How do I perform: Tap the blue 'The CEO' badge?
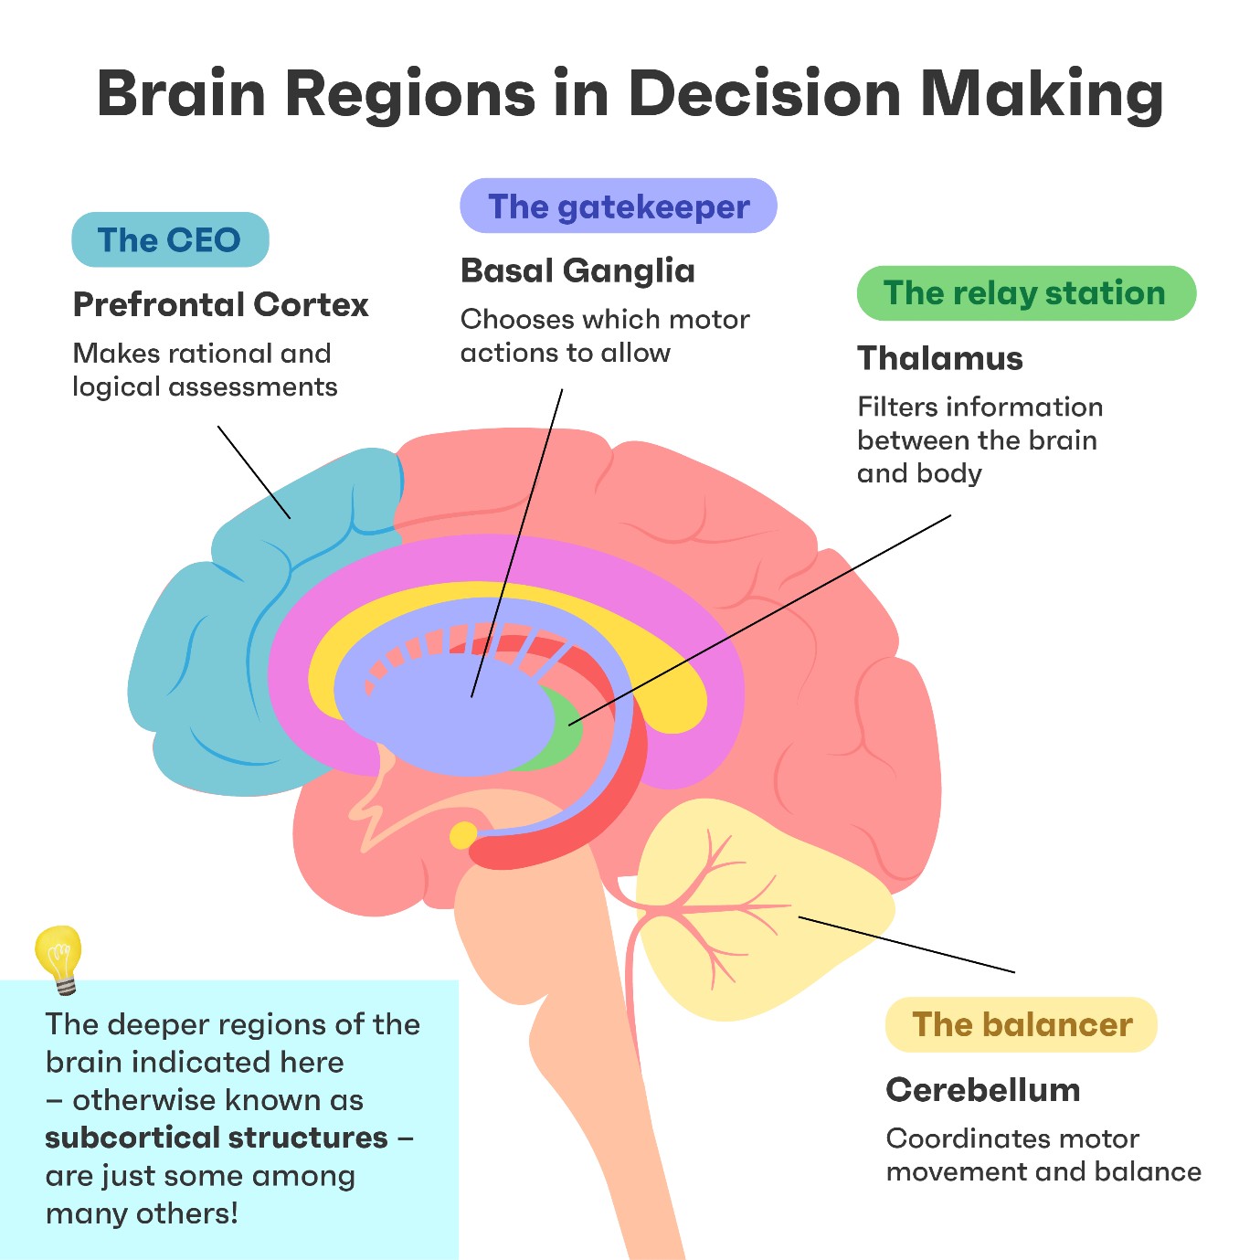tap(170, 240)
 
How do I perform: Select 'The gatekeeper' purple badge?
tap(619, 206)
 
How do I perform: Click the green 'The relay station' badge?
tap(1025, 293)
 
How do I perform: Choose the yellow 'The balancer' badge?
tap(1022, 1025)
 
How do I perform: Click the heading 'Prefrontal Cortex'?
tap(220, 305)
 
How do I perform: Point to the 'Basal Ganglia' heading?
tap(577, 271)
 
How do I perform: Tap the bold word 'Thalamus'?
tap(939, 359)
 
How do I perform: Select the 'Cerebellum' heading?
tap(983, 1090)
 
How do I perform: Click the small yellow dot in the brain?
tap(463, 835)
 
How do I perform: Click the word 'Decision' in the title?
tap(764, 94)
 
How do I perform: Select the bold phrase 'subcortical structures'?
tap(217, 1138)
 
